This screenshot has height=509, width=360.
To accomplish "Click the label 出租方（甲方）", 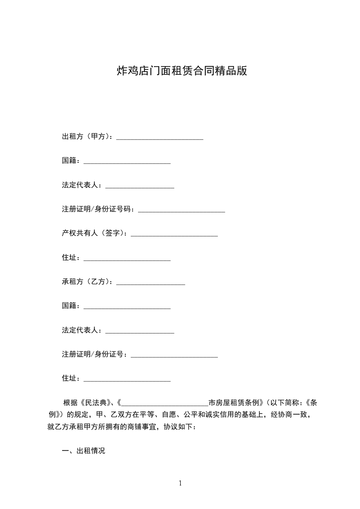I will pyautogui.click(x=87, y=137).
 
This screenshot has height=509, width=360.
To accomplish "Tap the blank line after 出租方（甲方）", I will pyautogui.click(x=160, y=137).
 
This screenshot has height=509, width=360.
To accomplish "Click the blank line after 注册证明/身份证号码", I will pyautogui.click(x=182, y=210).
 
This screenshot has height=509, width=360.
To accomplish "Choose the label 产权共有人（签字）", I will pyautogui.click(x=94, y=233).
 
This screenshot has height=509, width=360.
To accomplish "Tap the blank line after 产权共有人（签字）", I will pyautogui.click(x=174, y=234).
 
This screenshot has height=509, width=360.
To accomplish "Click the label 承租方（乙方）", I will pyautogui.click(x=87, y=282).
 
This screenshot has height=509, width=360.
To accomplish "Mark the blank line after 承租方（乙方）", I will pyautogui.click(x=151, y=282).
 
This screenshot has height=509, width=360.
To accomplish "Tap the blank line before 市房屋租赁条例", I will pyautogui.click(x=165, y=403).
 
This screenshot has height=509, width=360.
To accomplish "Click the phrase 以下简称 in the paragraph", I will pyautogui.click(x=285, y=402).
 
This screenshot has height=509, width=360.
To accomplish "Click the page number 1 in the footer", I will pyautogui.click(x=180, y=483).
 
